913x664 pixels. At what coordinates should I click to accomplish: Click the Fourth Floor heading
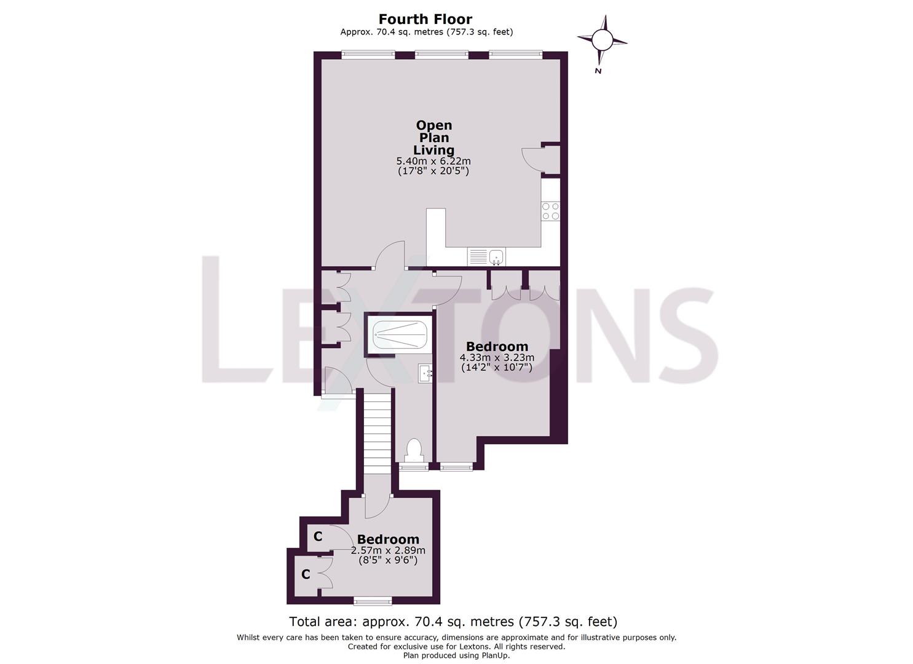(x=425, y=19)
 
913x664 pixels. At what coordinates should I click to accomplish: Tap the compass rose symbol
(x=602, y=41)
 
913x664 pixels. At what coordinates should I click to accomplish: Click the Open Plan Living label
(x=433, y=138)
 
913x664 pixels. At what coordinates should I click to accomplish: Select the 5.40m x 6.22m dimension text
(x=433, y=161)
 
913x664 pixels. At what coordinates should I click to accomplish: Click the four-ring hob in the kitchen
(x=550, y=211)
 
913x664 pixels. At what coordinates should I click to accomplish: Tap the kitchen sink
(x=496, y=256)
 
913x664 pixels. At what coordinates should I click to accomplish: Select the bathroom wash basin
(x=426, y=373)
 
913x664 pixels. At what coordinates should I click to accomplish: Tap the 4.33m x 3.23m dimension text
(x=497, y=357)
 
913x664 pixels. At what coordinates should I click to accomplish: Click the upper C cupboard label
(x=318, y=536)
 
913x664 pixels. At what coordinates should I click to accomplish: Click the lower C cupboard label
(x=306, y=574)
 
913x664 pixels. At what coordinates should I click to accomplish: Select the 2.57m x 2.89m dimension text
(x=388, y=550)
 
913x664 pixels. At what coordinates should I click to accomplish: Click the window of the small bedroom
(x=373, y=600)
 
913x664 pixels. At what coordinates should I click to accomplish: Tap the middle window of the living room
(x=441, y=55)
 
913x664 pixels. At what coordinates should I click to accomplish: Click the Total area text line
(x=453, y=622)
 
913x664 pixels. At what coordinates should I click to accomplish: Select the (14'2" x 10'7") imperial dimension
(x=497, y=368)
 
